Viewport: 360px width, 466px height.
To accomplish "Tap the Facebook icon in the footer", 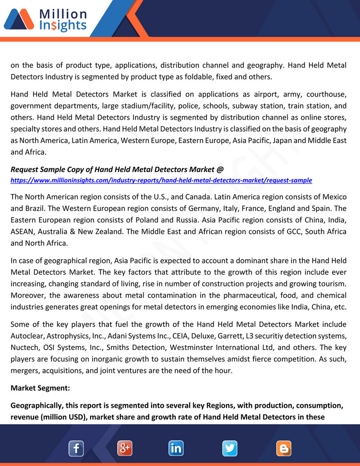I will pos(76,448).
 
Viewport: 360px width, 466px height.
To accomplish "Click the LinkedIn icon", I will pos(176,448).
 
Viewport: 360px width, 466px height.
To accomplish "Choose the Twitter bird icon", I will pos(230,448).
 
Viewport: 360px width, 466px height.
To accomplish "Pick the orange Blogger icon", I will pos(284,448).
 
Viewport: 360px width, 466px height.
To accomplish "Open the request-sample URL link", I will pos(161,180).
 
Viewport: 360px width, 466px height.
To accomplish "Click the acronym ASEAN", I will pos(23,231).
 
